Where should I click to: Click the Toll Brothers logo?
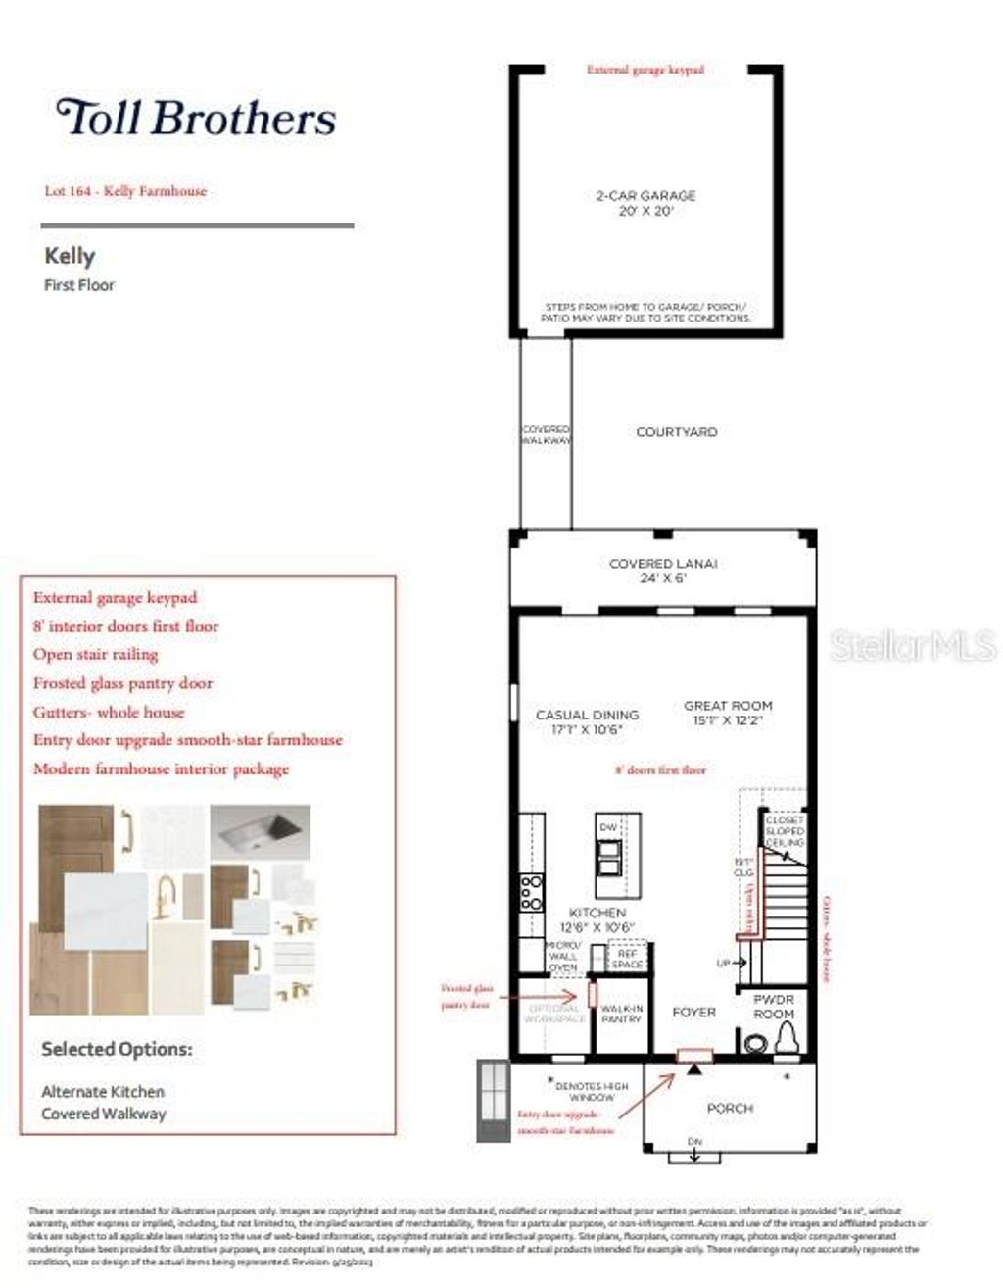[196, 118]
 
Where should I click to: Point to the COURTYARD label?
[676, 432]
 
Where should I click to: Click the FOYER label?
[693, 1012]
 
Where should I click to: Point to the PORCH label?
[730, 1109]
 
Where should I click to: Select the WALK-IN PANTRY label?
[621, 1014]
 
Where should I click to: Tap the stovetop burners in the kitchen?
[531, 893]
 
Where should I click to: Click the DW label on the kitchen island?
[609, 828]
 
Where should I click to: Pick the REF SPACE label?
[627, 958]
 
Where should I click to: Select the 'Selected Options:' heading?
[117, 1050]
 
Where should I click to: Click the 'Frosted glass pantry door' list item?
[122, 683]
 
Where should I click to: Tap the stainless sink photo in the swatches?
[261, 833]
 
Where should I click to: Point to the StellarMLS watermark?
[912, 645]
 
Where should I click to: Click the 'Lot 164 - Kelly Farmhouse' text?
[125, 191]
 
